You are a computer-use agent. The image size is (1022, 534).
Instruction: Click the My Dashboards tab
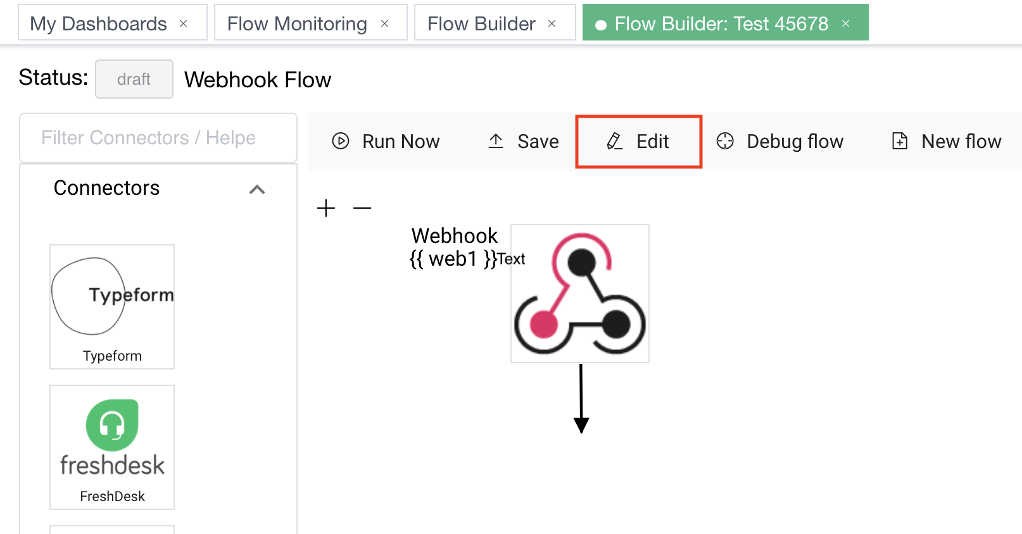click(99, 24)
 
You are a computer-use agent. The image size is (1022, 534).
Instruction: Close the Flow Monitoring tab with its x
click(384, 24)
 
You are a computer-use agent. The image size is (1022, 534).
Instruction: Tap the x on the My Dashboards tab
click(184, 24)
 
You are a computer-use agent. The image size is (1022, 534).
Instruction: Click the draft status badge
click(134, 79)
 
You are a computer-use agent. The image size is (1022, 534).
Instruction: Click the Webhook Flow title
click(258, 80)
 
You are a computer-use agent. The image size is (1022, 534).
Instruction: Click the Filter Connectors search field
click(158, 138)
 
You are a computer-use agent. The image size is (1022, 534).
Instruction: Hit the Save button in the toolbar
click(524, 142)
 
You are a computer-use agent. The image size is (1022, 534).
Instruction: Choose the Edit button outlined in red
click(638, 142)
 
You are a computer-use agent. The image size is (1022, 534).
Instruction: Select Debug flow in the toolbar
click(780, 142)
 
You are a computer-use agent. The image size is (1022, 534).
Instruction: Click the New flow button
click(947, 142)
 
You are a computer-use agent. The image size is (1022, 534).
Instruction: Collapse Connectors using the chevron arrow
click(257, 189)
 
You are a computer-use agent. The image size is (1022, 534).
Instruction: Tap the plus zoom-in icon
click(326, 208)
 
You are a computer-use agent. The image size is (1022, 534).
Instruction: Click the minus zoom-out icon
click(362, 208)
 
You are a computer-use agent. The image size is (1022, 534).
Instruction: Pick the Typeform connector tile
click(112, 307)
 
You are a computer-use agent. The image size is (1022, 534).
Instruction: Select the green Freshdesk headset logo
click(112, 425)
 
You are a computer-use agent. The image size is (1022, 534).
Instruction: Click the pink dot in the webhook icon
click(543, 325)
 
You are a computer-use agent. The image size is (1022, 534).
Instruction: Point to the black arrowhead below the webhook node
click(581, 425)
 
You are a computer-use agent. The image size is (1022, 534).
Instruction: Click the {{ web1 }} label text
click(453, 259)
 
